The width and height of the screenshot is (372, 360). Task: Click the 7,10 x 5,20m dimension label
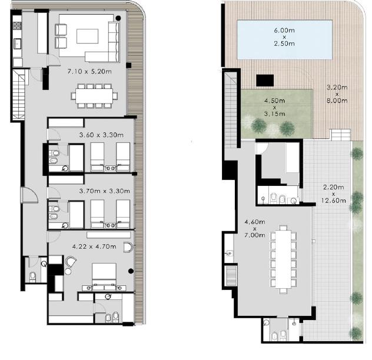89,71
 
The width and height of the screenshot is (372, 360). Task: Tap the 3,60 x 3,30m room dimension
101,135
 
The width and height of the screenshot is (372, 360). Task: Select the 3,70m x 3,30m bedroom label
104,191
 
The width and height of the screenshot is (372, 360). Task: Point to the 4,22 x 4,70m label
94,246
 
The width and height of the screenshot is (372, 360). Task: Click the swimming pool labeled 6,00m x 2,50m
284,40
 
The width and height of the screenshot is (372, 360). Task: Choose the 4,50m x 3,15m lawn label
275,107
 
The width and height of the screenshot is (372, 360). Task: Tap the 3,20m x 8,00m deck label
337,94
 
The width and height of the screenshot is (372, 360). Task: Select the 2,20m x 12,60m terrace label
334,194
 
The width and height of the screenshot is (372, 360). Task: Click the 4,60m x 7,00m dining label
255,229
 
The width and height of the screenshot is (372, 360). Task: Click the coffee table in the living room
87,36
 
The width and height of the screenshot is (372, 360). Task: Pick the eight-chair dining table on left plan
94,96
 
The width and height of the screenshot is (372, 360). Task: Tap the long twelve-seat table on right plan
283,259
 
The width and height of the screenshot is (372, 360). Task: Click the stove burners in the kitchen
17,26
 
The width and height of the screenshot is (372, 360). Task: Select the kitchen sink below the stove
18,44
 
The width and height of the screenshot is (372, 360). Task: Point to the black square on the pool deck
265,81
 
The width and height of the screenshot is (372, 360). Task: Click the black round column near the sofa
118,18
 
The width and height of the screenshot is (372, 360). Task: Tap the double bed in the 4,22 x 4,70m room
104,275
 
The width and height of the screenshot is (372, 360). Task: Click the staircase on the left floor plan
19,94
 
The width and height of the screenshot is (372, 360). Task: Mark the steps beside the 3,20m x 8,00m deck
341,135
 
